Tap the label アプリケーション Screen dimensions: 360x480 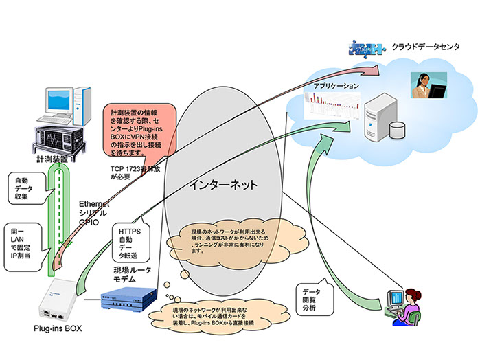(x=336, y=87)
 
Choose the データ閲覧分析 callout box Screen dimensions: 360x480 (x=312, y=295)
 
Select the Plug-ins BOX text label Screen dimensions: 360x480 (x=56, y=328)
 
